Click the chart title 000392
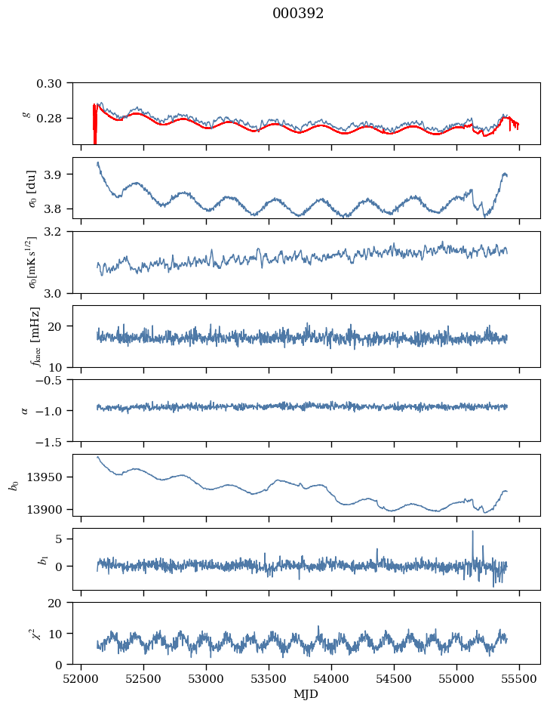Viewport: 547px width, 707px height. click(x=298, y=14)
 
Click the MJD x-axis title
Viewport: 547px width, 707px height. click(x=306, y=694)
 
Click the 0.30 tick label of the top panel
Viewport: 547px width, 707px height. click(x=54, y=82)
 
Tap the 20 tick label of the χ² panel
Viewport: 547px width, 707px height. click(x=60, y=603)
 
